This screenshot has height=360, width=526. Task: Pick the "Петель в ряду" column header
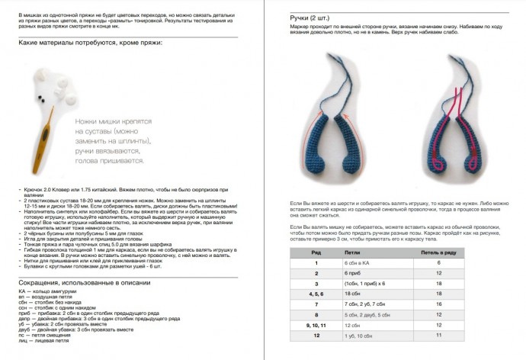(x=439, y=249)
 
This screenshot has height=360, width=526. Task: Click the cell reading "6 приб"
(x=352, y=272)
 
